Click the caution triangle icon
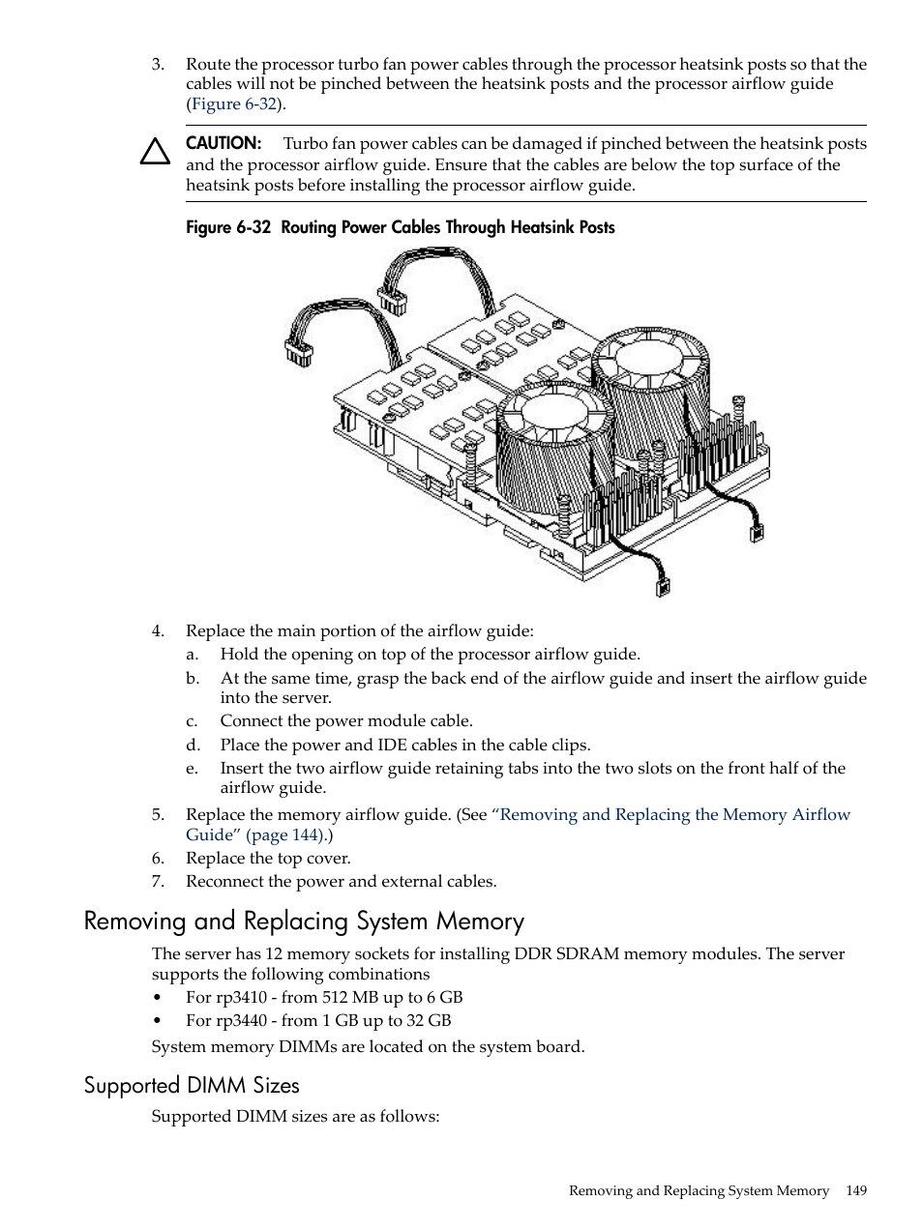(x=155, y=152)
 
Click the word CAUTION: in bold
(x=223, y=143)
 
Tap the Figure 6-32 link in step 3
(x=234, y=103)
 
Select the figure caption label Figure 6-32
(x=228, y=227)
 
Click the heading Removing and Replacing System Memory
(x=304, y=921)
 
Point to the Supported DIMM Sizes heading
(x=192, y=1085)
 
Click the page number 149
(x=855, y=1190)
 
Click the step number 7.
(x=158, y=881)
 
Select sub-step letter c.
(x=192, y=720)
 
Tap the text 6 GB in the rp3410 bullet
(x=444, y=997)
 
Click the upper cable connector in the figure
(x=392, y=299)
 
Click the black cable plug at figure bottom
(x=663, y=585)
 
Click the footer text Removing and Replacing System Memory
(x=699, y=1190)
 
